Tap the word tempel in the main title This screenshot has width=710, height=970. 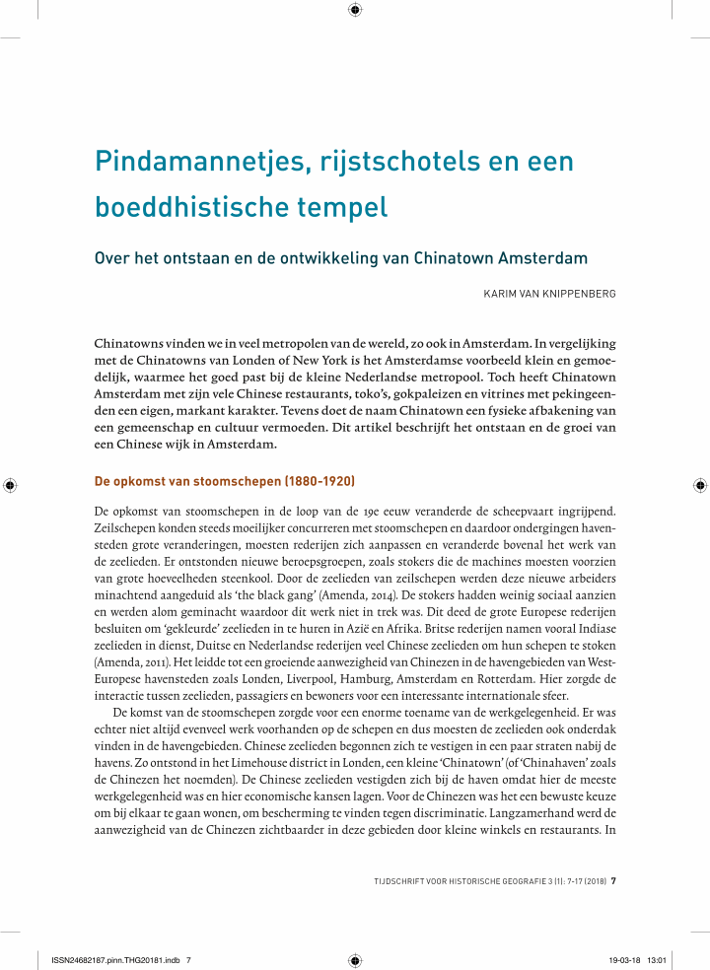pyautogui.click(x=343, y=208)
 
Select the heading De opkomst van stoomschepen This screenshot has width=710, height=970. pyautogui.click(x=224, y=482)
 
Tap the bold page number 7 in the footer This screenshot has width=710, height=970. pyautogui.click(x=614, y=880)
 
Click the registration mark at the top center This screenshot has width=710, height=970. pyautogui.click(x=355, y=11)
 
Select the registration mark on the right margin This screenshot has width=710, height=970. pyautogui.click(x=699, y=485)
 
